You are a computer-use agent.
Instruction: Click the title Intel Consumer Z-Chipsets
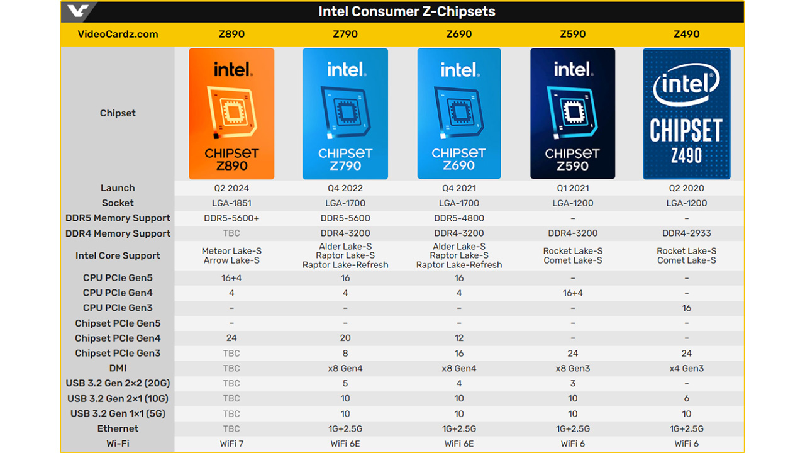[x=407, y=11]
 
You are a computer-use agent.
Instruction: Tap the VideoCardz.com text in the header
[x=118, y=34]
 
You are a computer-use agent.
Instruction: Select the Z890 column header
[x=231, y=34]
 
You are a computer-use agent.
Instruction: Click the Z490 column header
[x=686, y=34]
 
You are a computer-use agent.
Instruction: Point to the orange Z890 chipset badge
[x=231, y=114]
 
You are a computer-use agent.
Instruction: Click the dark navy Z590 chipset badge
[x=572, y=114]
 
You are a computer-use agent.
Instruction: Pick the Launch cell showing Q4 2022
[x=345, y=188]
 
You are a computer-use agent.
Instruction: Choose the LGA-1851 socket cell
[x=231, y=203]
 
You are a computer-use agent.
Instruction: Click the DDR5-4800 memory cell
[x=459, y=218]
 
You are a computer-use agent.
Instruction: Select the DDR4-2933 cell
[x=686, y=233]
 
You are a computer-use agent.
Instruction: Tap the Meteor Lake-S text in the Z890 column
[x=231, y=251]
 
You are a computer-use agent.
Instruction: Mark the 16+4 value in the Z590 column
[x=572, y=293]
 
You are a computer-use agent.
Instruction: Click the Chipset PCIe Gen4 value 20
[x=345, y=338]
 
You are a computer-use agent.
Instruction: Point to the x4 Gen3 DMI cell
[x=686, y=368]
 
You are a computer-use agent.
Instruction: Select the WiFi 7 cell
[x=231, y=444]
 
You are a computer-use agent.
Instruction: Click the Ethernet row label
[x=118, y=428]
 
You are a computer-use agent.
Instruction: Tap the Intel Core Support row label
[x=118, y=255]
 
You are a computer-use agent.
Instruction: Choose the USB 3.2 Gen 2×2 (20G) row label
[x=118, y=383]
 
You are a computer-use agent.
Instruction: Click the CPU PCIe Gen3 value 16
[x=686, y=308]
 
